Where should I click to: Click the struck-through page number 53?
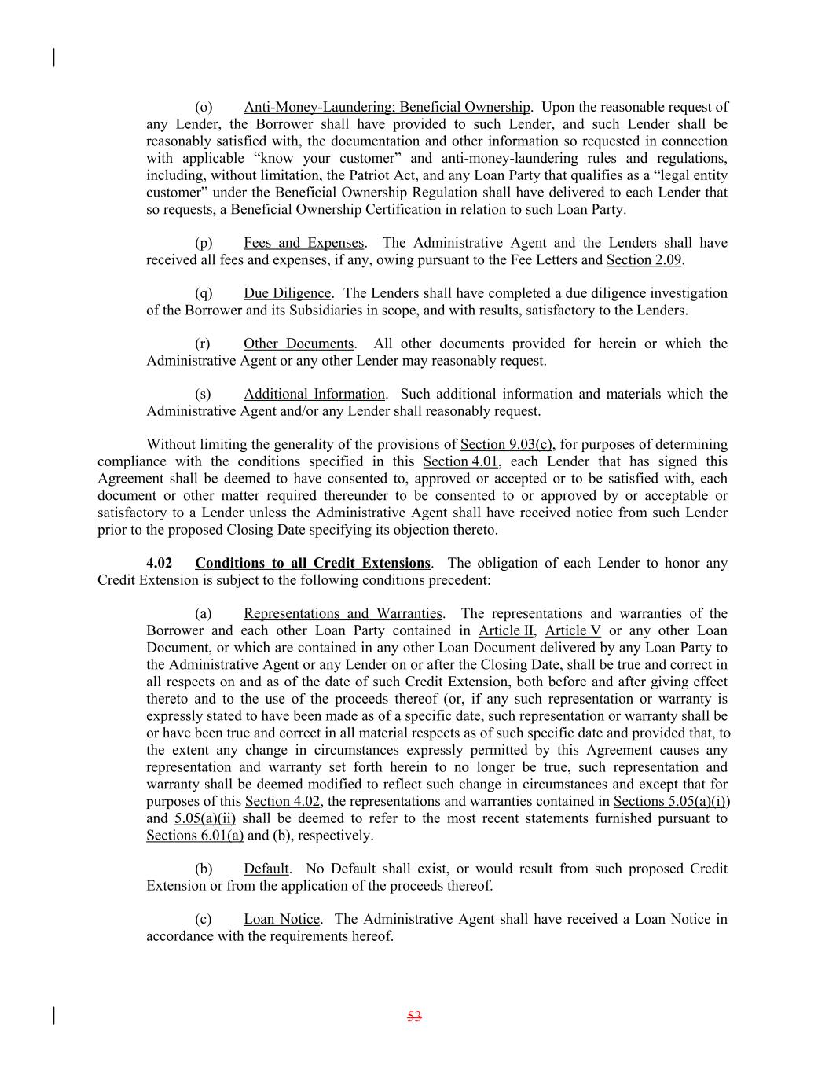(415, 1016)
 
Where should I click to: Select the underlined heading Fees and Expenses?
(303, 243)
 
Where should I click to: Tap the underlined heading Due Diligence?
(287, 293)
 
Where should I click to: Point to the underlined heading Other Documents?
(299, 344)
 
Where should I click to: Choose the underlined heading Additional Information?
(314, 394)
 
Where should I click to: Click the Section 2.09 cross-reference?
(644, 260)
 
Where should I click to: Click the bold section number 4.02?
(159, 563)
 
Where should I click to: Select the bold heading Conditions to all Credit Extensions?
(313, 563)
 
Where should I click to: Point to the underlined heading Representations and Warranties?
(343, 613)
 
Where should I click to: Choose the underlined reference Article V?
(573, 630)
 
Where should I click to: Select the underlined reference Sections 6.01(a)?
(195, 836)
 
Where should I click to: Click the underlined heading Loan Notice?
(281, 919)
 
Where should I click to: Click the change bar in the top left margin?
(53, 57)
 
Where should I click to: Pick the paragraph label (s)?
(203, 394)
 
